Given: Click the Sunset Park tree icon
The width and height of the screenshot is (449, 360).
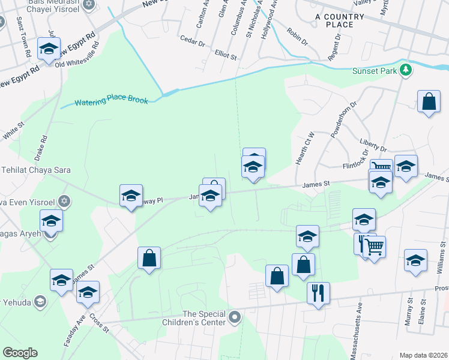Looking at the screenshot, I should point(406,70).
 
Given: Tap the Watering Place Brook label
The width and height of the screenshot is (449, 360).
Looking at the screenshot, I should point(112,100).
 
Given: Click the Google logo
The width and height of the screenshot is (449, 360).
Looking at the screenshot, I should point(20,353).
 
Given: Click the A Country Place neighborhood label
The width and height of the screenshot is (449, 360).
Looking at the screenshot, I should point(340,20).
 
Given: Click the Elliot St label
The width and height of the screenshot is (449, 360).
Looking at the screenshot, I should point(226,55).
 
